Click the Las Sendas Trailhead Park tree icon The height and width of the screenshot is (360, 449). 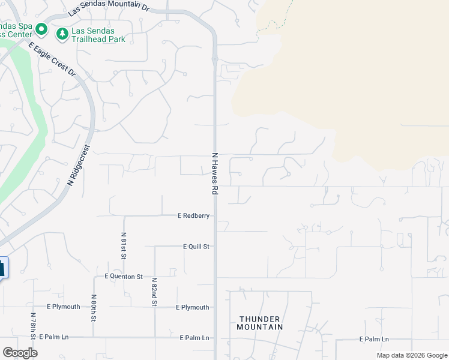pos(62,34)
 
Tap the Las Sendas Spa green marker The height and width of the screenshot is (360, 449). pos(41,29)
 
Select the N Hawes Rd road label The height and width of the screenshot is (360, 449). pos(214,173)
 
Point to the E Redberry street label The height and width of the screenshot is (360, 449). pos(193,215)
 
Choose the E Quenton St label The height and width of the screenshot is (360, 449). pos(123,277)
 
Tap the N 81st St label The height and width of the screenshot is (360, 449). pos(124,245)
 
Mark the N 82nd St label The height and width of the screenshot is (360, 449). pos(154,292)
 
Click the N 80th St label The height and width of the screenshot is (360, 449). pos(94,307)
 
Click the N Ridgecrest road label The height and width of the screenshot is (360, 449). pos(79,164)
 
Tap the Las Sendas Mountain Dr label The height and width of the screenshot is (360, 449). pos(108,8)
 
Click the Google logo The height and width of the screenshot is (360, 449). pos(20,353)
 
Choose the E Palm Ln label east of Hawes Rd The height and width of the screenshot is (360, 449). pos(374,340)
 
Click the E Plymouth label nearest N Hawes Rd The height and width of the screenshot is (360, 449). pos(193,307)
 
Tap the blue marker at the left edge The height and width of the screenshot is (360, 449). pos(3,268)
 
